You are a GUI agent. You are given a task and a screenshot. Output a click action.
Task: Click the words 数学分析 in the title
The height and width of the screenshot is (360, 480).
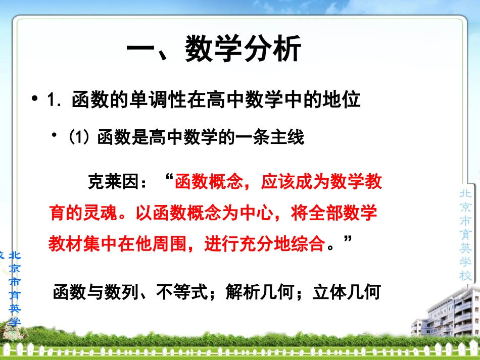(243, 50)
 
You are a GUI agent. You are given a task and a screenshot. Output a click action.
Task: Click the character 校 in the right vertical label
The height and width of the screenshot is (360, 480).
(465, 276)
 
